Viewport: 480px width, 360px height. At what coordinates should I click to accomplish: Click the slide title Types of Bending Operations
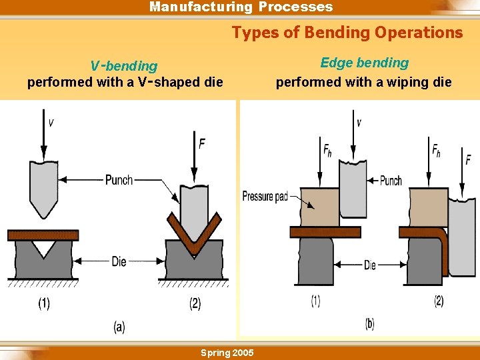347,32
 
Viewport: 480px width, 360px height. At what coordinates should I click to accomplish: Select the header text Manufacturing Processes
241,7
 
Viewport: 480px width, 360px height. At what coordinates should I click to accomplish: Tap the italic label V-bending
124,66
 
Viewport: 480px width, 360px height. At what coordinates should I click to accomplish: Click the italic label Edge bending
364,63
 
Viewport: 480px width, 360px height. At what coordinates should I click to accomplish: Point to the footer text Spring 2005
227,352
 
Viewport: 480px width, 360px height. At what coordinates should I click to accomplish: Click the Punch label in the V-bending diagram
119,180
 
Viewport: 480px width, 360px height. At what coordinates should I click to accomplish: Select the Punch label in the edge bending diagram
390,181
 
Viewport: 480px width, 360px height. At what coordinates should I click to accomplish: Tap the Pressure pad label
265,196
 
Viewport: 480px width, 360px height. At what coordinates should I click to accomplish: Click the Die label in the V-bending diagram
119,262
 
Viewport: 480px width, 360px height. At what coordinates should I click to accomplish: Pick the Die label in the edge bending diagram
369,265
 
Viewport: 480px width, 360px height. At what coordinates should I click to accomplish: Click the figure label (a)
119,327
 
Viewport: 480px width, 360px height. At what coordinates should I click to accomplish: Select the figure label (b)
369,324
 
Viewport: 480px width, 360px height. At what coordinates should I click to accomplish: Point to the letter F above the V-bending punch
201,142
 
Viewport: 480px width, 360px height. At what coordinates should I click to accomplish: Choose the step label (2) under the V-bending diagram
195,304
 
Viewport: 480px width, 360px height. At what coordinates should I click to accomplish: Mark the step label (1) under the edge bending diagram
315,301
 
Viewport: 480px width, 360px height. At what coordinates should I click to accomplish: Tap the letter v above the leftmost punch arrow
51,123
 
